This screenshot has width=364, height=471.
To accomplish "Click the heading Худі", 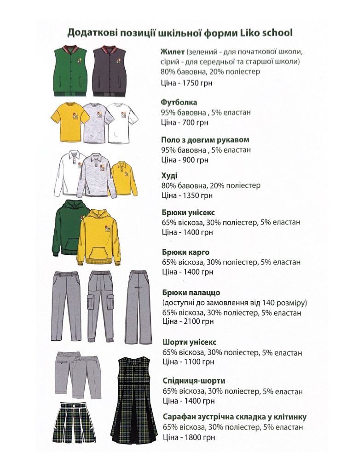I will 169,176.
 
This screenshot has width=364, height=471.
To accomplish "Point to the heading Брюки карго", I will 186,252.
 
